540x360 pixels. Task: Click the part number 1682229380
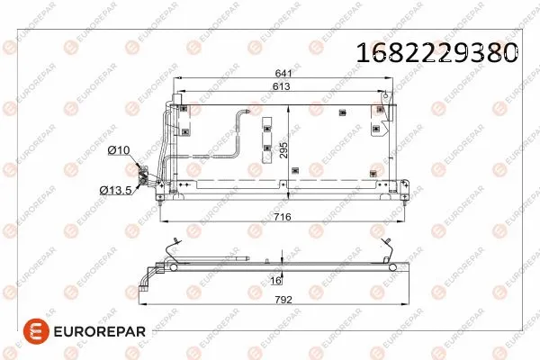coord(437,51)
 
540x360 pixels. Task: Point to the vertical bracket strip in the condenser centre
coord(267,139)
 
